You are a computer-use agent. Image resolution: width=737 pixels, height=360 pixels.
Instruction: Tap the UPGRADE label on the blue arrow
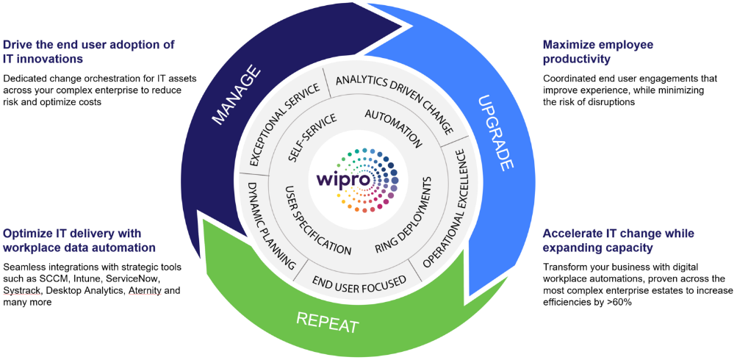tap(494, 132)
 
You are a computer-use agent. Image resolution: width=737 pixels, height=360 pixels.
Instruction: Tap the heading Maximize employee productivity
tap(598, 51)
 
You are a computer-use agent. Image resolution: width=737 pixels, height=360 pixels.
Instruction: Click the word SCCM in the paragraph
tap(67, 279)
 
